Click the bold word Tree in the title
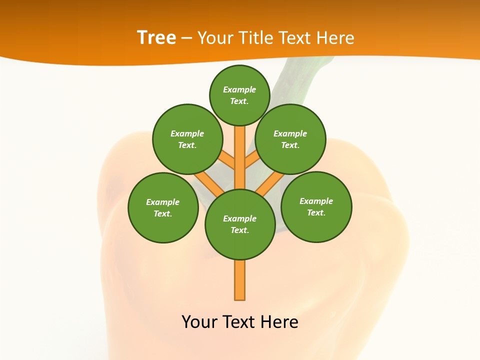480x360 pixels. pyautogui.click(x=156, y=37)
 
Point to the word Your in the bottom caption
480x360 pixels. pyautogui.click(x=200, y=322)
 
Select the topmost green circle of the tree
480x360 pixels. pyautogui.click(x=239, y=95)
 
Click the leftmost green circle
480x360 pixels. pyautogui.click(x=163, y=207)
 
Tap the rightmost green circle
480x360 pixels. pyautogui.click(x=316, y=206)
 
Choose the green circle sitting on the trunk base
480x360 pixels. pyautogui.click(x=240, y=224)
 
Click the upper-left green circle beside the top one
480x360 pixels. pyautogui.click(x=187, y=139)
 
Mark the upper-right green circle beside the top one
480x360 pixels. pyautogui.click(x=290, y=139)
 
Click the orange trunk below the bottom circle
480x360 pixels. pyautogui.click(x=240, y=280)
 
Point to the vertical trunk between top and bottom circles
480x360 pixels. pyautogui.click(x=240, y=157)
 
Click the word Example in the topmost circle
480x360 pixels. pyautogui.click(x=239, y=89)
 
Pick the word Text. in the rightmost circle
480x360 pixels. pyautogui.click(x=316, y=212)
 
